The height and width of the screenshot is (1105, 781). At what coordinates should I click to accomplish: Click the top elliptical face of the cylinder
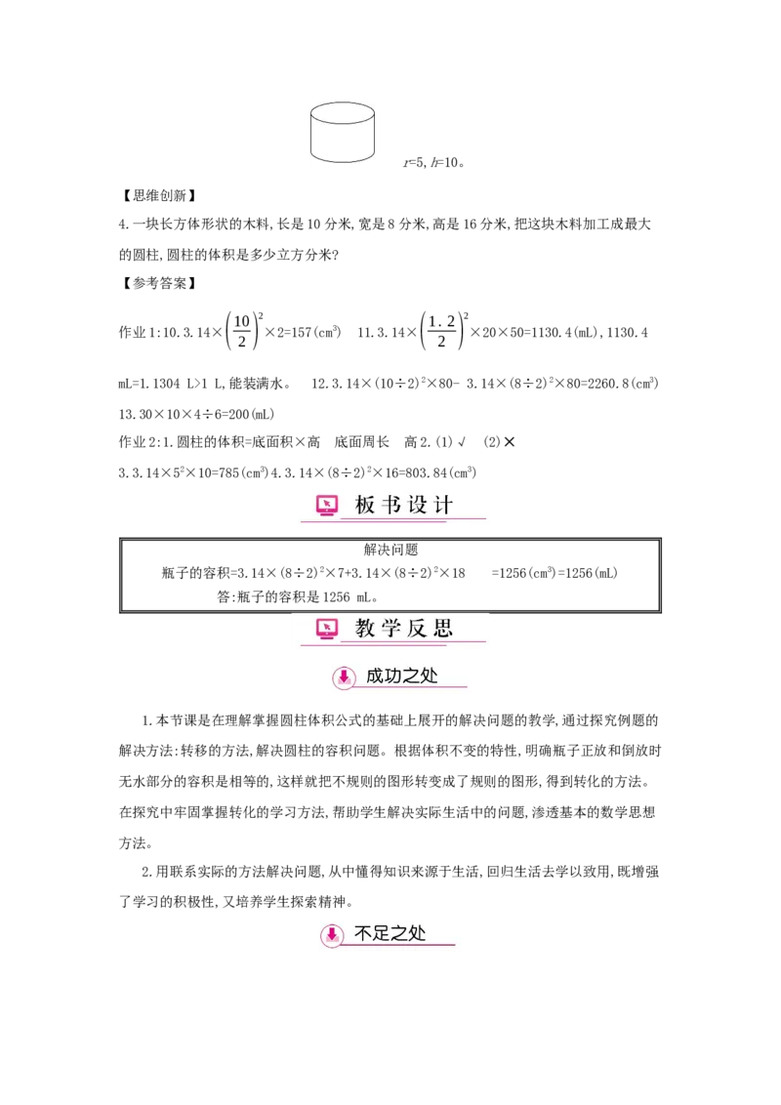click(342, 113)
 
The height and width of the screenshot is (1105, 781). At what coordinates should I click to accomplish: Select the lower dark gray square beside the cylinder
click(379, 151)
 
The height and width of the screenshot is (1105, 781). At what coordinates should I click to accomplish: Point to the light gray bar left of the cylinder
click(308, 134)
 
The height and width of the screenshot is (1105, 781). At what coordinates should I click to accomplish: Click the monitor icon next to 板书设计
click(327, 505)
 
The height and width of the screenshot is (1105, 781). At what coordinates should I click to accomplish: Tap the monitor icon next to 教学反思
click(327, 629)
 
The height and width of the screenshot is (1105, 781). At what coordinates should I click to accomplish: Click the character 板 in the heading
click(365, 506)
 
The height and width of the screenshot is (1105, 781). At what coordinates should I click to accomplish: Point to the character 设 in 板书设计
click(418, 506)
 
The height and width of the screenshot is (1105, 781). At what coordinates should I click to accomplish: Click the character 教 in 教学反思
click(365, 629)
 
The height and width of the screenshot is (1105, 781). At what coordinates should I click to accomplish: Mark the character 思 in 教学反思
click(443, 629)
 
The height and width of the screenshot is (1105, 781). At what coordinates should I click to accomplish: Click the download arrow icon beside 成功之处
click(344, 676)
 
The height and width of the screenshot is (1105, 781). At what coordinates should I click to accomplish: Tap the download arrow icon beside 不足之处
click(332, 935)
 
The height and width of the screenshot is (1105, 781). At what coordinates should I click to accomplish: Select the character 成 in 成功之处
click(375, 675)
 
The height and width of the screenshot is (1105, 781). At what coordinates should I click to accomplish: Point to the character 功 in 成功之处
click(394, 675)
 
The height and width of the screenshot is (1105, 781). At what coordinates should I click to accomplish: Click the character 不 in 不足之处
click(363, 934)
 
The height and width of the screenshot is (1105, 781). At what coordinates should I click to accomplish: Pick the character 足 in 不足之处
click(383, 934)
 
